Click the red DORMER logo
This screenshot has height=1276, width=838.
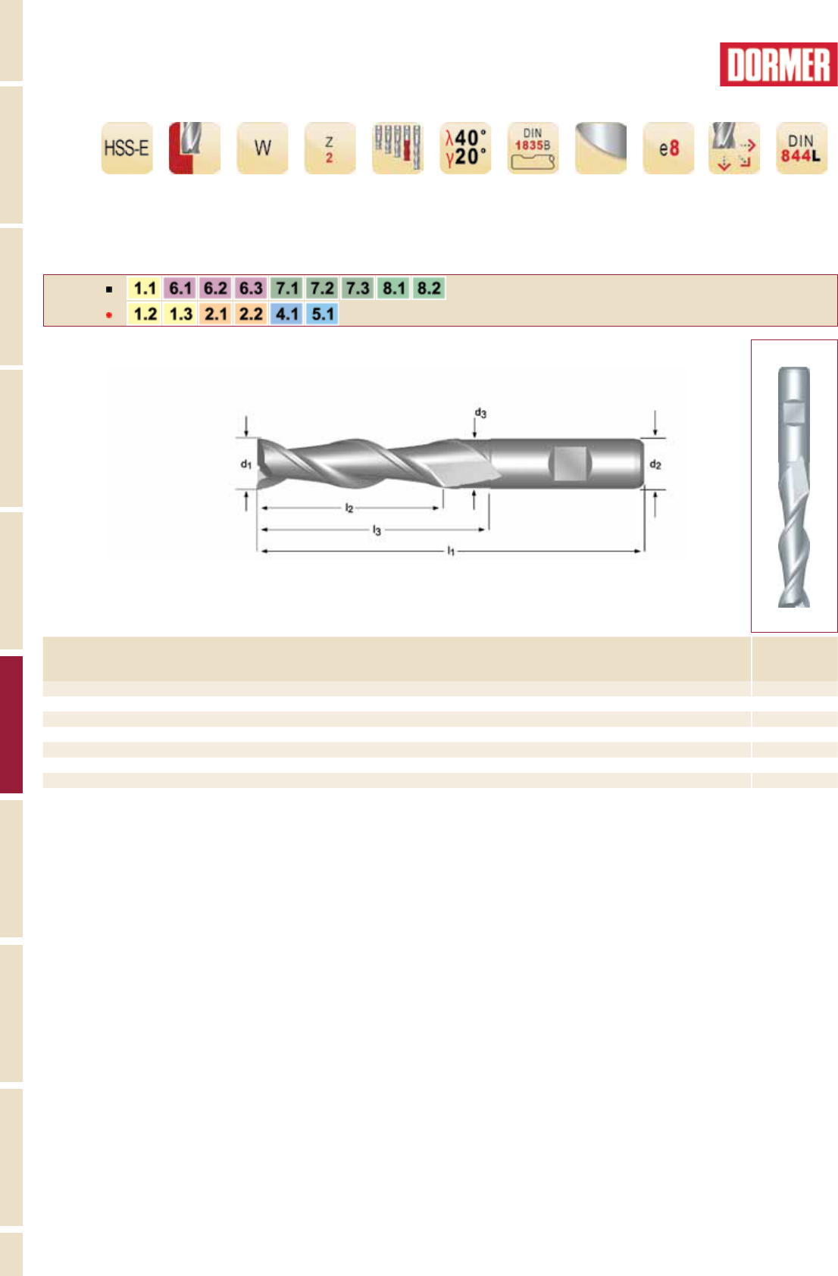(x=778, y=64)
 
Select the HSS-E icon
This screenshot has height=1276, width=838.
(x=127, y=148)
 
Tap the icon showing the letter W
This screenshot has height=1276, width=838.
(x=262, y=148)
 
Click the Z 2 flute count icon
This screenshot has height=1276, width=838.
(x=330, y=148)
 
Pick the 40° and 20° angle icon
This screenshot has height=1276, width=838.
(x=465, y=148)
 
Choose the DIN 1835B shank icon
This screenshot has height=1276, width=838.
(x=533, y=148)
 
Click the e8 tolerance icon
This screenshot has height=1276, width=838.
(x=668, y=148)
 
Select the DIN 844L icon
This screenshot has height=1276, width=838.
(x=802, y=148)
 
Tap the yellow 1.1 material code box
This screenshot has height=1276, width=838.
(x=145, y=288)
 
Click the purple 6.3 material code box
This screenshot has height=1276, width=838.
(x=251, y=288)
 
